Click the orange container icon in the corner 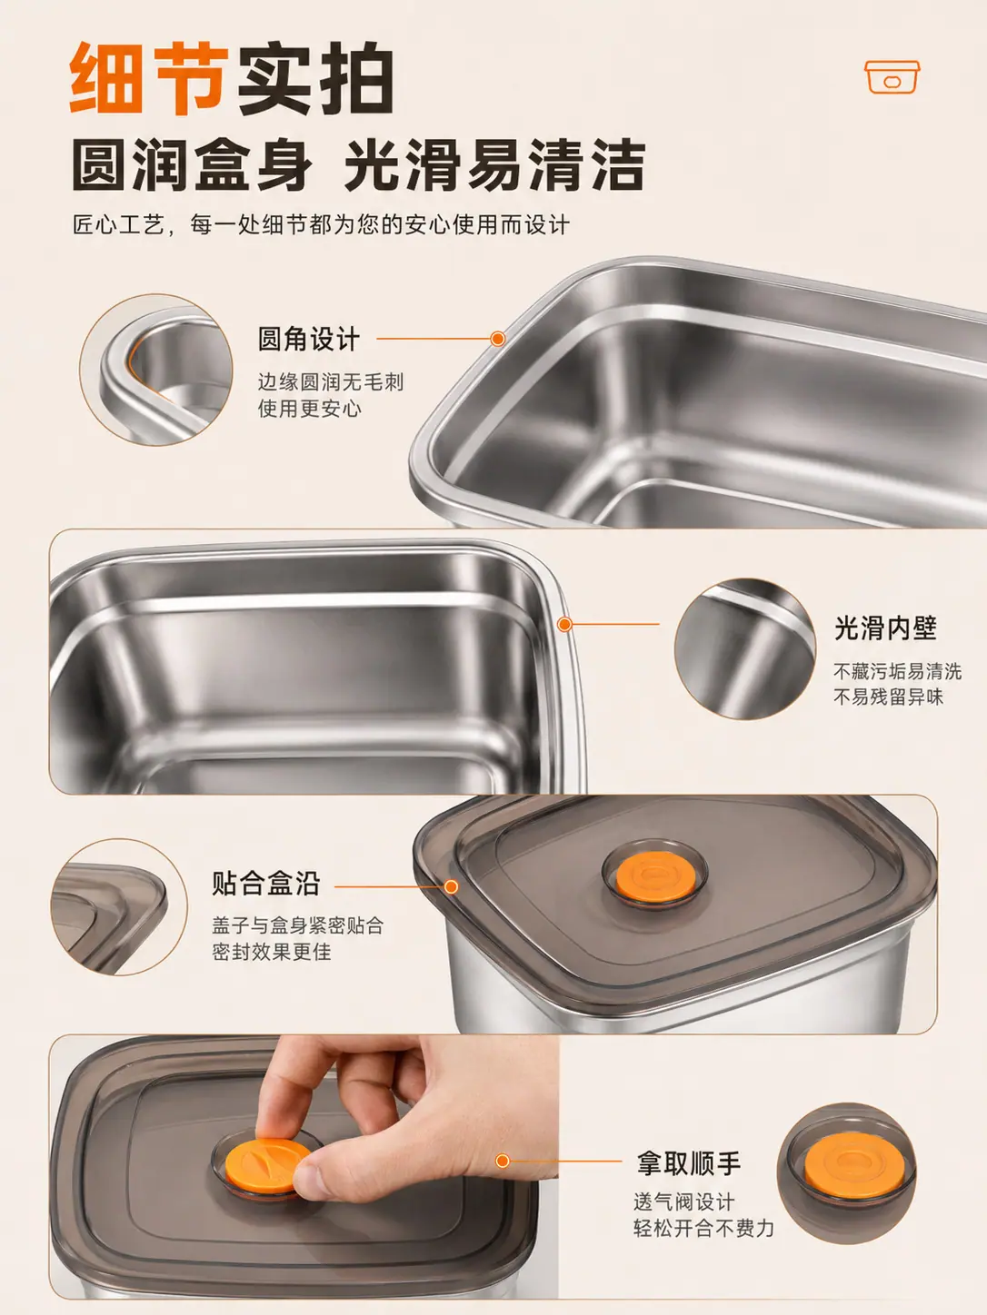coord(892,76)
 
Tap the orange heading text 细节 coord(149,78)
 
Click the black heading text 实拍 coord(315,78)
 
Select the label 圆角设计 coord(309,339)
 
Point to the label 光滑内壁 coord(885,628)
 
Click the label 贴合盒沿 coord(266,883)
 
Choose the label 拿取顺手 coord(689,1162)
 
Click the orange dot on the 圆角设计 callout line coord(497,339)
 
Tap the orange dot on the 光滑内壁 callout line coord(563,624)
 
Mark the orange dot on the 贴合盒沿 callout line coord(452,886)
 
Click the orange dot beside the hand coord(503,1161)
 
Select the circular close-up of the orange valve coord(847,1173)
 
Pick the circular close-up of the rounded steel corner coord(155,370)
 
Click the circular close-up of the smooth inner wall coord(745,648)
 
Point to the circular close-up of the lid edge coord(119,906)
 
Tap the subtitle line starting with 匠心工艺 coord(321,225)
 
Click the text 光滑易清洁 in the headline coord(495,164)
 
